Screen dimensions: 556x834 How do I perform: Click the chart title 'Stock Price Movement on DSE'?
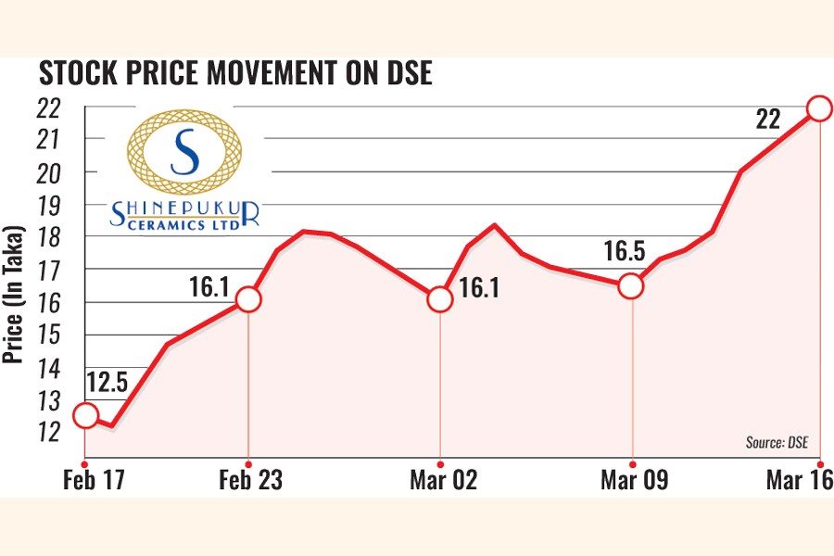[x=234, y=74]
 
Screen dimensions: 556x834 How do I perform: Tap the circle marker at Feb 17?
[x=84, y=415]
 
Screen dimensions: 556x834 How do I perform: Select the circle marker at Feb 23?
[x=248, y=299]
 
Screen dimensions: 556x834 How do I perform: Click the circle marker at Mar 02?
[x=440, y=300]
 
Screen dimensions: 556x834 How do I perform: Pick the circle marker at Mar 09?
[x=632, y=286]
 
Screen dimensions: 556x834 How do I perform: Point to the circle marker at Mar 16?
[x=820, y=108]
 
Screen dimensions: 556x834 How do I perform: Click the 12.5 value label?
[x=107, y=382]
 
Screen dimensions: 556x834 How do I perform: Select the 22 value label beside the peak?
[x=768, y=119]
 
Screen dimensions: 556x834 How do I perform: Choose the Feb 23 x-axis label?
[x=251, y=481]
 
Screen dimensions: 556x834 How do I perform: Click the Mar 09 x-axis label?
[x=633, y=481]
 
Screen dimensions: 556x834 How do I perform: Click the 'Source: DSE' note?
[x=776, y=443]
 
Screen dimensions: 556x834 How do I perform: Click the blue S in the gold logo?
[x=184, y=152]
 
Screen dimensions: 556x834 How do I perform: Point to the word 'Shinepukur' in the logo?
[x=184, y=213]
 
